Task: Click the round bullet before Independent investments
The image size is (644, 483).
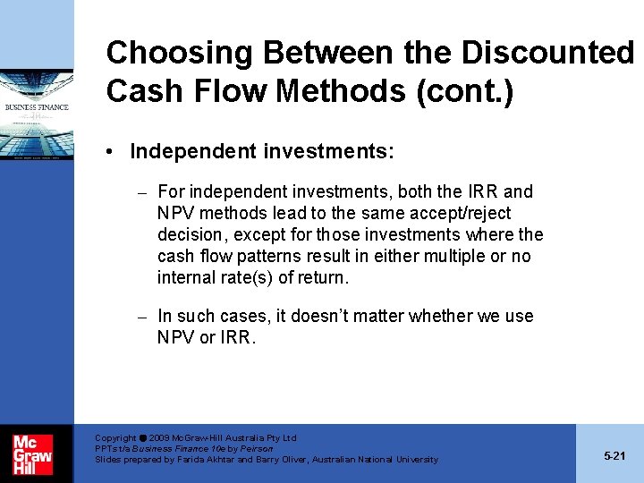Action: (114, 152)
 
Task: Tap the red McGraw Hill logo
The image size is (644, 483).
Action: (32, 453)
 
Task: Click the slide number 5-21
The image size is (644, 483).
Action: (614, 456)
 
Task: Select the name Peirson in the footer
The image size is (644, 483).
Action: (257, 449)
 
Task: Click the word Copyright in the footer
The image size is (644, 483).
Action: (115, 438)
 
